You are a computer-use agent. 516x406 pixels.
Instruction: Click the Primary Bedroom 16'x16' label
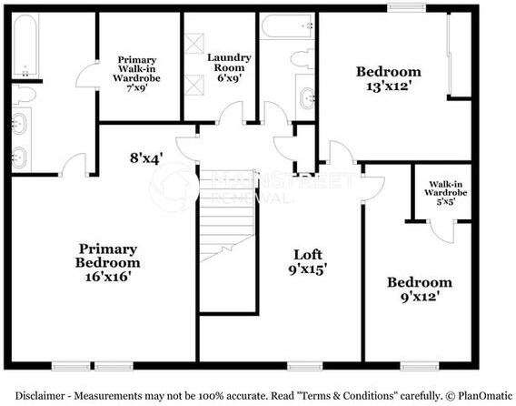coord(107,262)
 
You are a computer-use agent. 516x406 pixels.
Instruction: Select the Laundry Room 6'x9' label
coord(229,67)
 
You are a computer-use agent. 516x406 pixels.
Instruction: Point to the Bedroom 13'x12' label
coord(388,80)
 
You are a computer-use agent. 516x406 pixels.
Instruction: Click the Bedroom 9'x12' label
coord(419,289)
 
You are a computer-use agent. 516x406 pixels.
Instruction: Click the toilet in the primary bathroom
coord(25,95)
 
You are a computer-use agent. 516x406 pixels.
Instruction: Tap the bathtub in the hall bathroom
coord(287,27)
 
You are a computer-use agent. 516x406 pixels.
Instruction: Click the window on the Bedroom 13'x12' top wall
coord(406,8)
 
